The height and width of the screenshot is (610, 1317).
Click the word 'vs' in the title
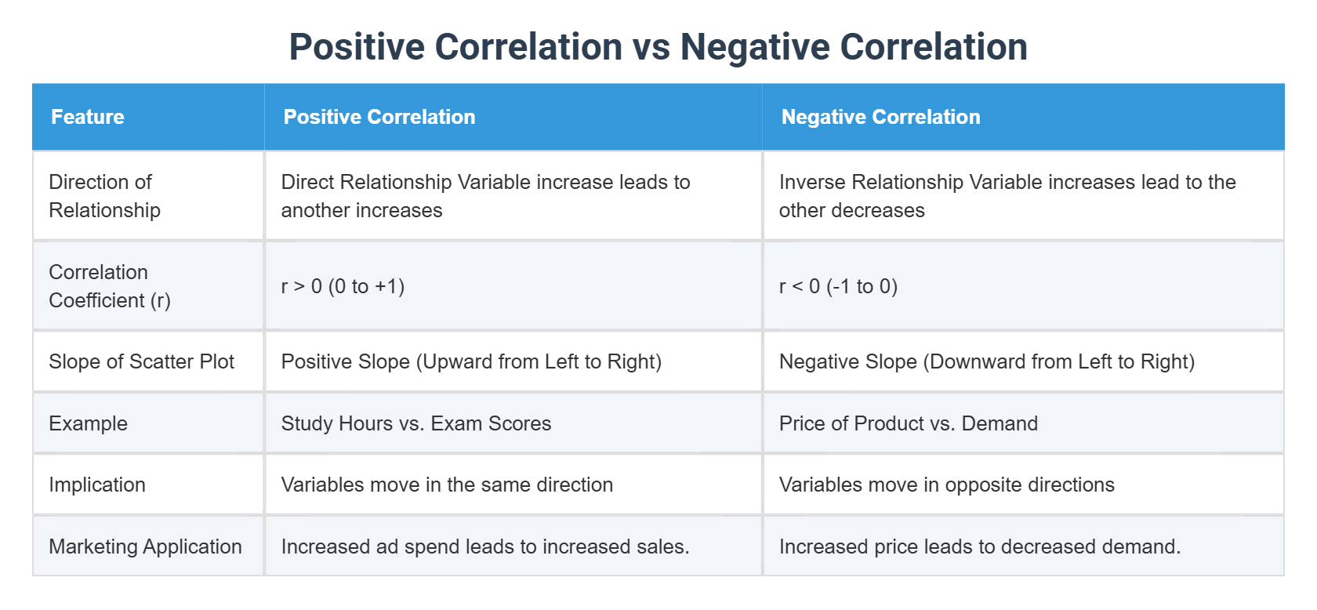(651, 47)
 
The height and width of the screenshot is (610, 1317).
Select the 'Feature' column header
(88, 117)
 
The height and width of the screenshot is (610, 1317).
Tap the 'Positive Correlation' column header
(379, 117)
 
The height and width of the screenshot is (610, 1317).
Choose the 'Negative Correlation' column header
(880, 117)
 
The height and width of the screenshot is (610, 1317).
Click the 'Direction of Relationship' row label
(104, 196)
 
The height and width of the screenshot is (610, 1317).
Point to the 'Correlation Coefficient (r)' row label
(109, 286)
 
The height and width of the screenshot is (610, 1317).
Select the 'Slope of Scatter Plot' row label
(141, 361)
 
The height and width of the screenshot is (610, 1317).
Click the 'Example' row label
(88, 423)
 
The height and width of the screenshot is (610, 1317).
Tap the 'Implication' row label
(97, 485)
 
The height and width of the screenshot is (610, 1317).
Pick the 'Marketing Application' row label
(145, 546)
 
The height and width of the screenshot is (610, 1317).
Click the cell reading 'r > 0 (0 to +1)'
(343, 286)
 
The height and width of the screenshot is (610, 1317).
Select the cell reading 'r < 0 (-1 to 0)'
(838, 286)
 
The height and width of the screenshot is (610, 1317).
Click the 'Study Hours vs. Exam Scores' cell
(416, 423)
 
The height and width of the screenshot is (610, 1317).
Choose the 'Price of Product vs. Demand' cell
(908, 423)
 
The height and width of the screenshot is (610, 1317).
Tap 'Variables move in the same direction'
(447, 485)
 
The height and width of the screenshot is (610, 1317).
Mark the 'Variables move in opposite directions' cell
(946, 485)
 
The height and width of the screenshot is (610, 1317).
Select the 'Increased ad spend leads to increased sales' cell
(485, 546)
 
